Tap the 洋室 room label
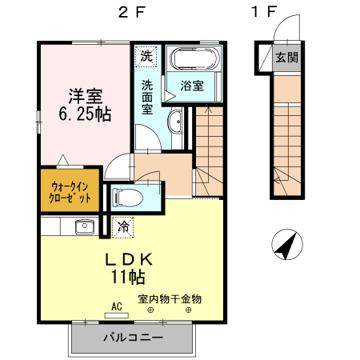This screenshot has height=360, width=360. pyautogui.click(x=83, y=94)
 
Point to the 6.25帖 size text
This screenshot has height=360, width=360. pyautogui.click(x=83, y=114)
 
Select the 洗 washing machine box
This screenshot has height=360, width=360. pyautogui.click(x=146, y=56)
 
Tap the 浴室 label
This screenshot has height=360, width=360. pyautogui.click(x=193, y=84)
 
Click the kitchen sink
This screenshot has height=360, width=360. pyautogui.click(x=84, y=226)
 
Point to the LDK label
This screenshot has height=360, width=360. pyautogui.click(x=127, y=260)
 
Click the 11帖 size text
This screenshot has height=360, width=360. pyautogui.click(x=127, y=279)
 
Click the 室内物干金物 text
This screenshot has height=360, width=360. pyautogui.click(x=170, y=299)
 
